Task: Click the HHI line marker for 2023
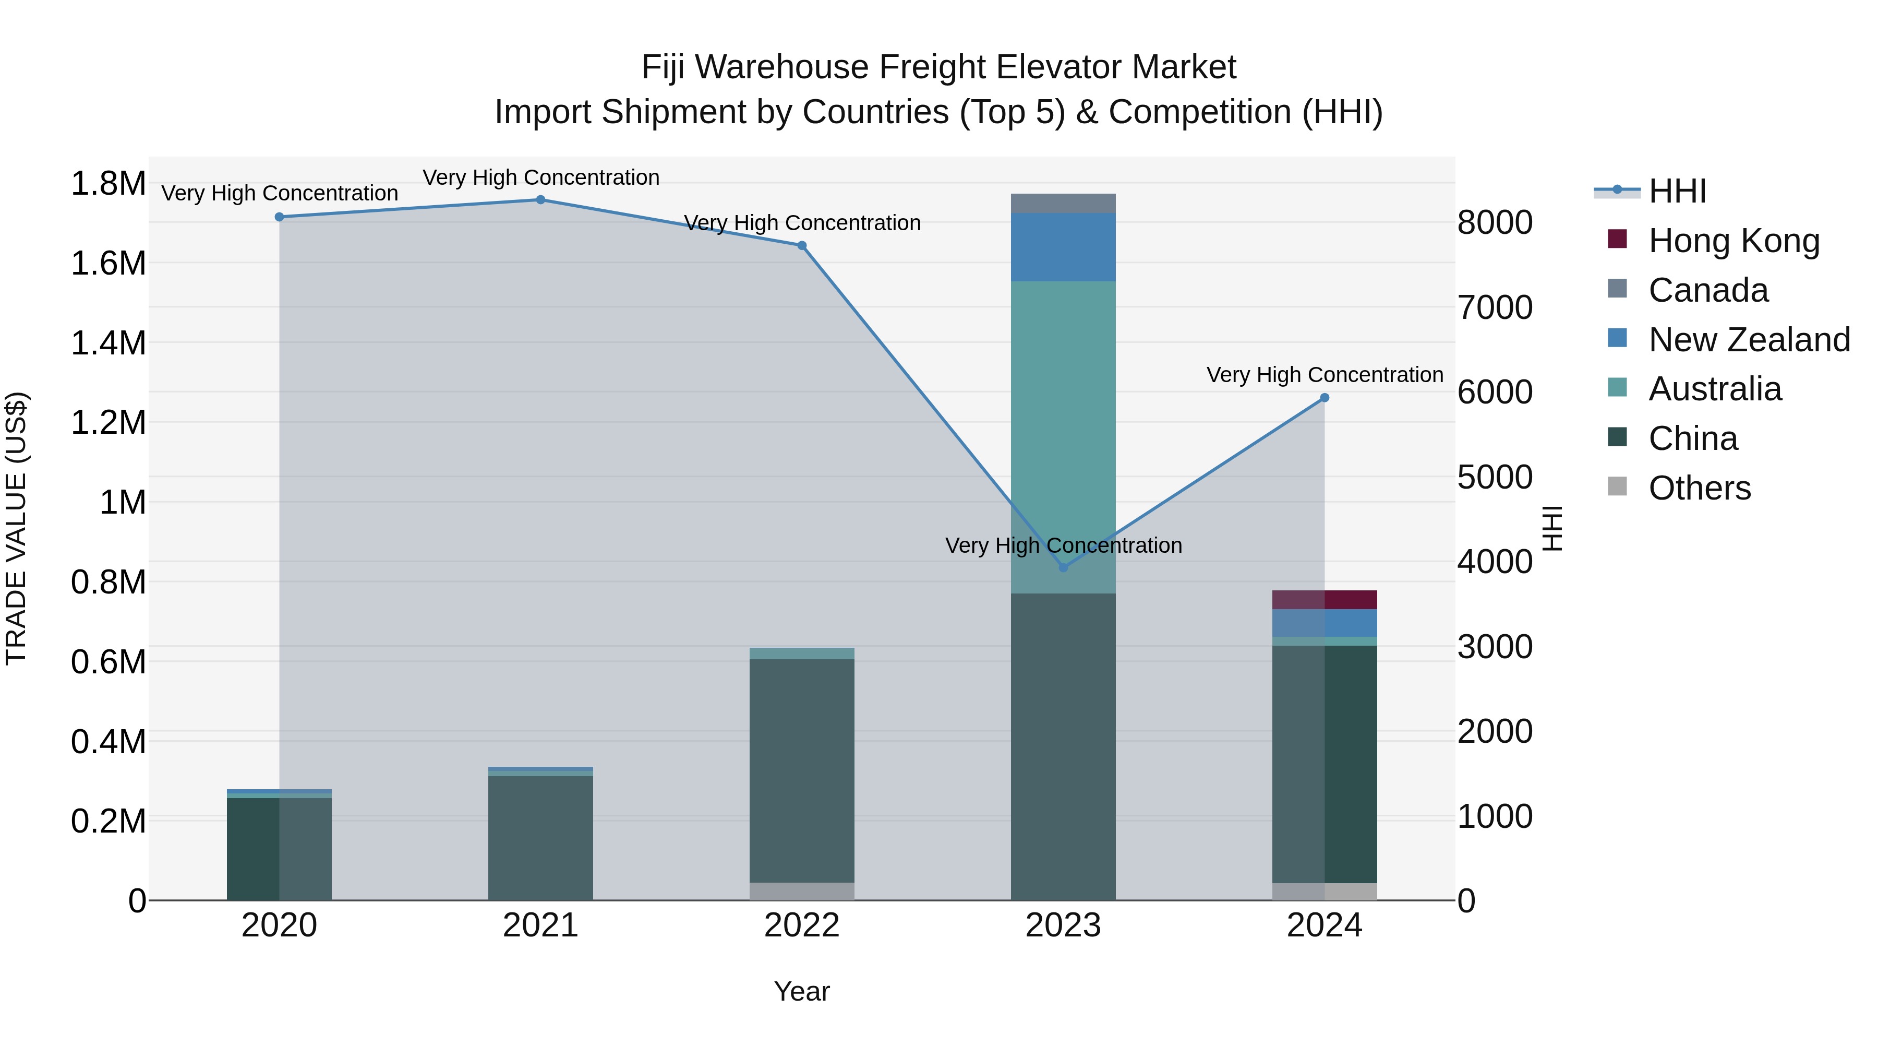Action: tap(1063, 567)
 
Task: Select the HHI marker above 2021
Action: tap(540, 200)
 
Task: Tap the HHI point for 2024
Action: tap(1325, 398)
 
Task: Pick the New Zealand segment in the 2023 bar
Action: tap(1063, 246)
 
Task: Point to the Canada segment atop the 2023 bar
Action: tap(1063, 203)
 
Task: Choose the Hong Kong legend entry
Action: tap(1733, 241)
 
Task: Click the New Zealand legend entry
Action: tap(1748, 340)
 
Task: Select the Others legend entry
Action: tap(1699, 488)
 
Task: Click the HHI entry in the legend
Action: tap(1677, 191)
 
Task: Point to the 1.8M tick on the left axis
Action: tap(108, 183)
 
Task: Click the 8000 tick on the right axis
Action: tap(1495, 222)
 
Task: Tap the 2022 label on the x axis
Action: tap(802, 925)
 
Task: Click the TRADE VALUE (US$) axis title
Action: tap(16, 528)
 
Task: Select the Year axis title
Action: tap(802, 991)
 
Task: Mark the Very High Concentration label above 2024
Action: tap(1325, 375)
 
